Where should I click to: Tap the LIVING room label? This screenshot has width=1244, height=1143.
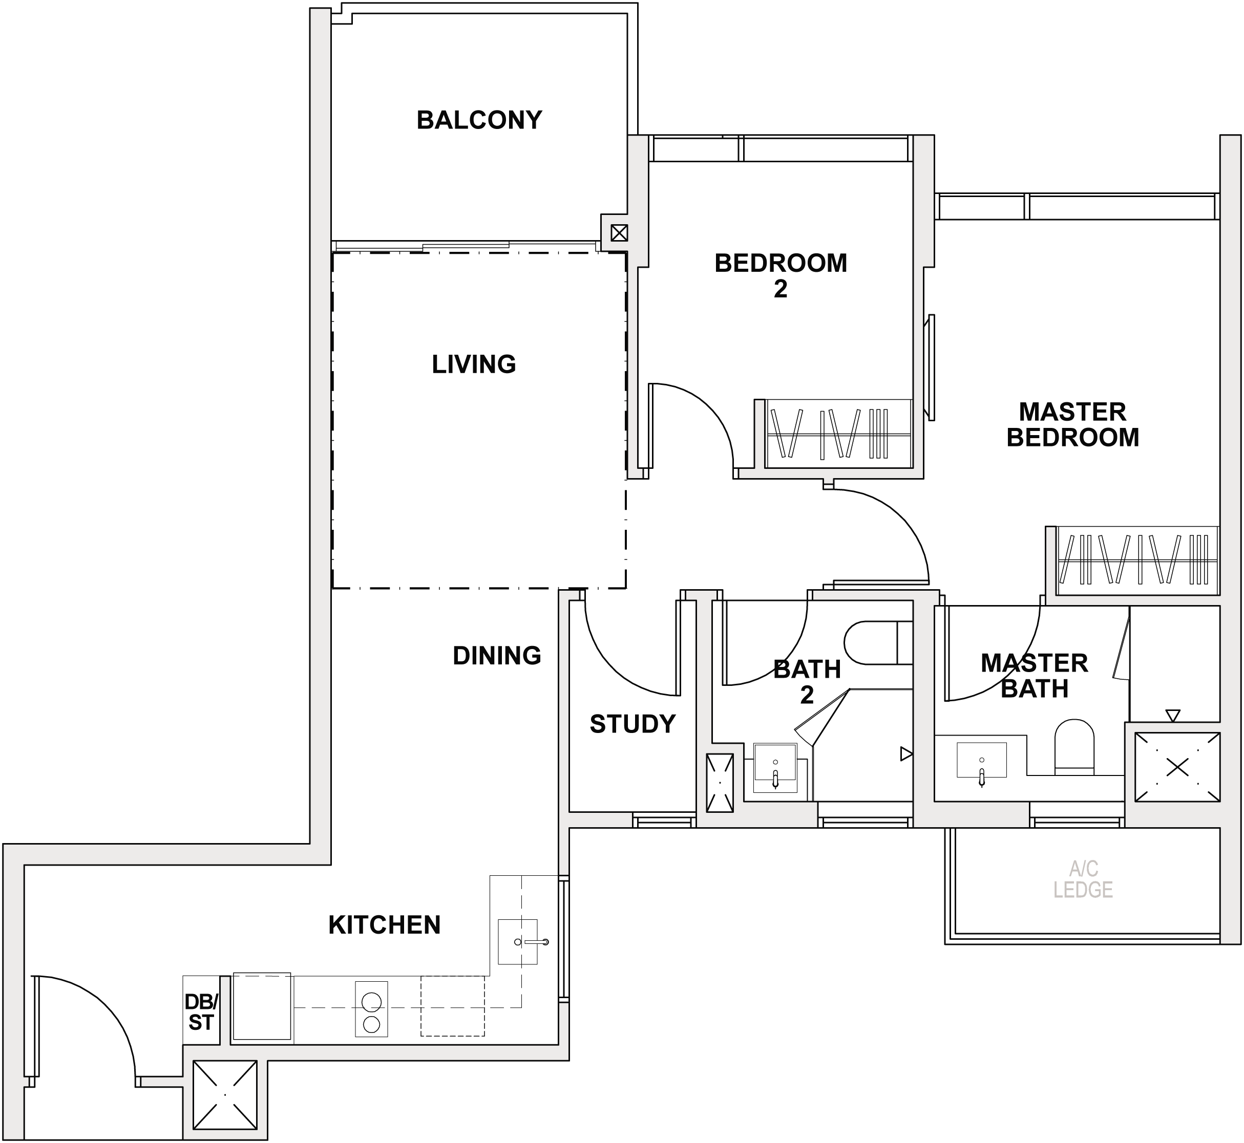tap(474, 364)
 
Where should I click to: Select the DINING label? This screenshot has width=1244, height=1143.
tap(497, 656)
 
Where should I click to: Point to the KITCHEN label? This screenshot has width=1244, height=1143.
tap(384, 925)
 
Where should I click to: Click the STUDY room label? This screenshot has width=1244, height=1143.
tap(632, 724)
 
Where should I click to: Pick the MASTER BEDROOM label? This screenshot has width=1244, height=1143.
tap(1072, 424)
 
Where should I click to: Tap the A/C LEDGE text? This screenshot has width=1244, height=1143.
tap(1083, 879)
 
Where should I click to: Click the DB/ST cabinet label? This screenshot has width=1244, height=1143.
tap(201, 1012)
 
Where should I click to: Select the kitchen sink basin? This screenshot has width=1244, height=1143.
tap(518, 942)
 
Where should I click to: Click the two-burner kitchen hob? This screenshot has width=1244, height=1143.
tap(371, 1009)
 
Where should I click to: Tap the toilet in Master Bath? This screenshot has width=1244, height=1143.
tap(1074, 746)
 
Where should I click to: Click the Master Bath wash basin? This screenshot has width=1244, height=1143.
tap(982, 760)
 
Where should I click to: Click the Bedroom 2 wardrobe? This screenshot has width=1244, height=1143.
tap(838, 434)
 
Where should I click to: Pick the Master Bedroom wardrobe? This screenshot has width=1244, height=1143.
tap(1137, 560)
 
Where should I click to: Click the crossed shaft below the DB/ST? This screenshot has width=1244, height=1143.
tap(225, 1095)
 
